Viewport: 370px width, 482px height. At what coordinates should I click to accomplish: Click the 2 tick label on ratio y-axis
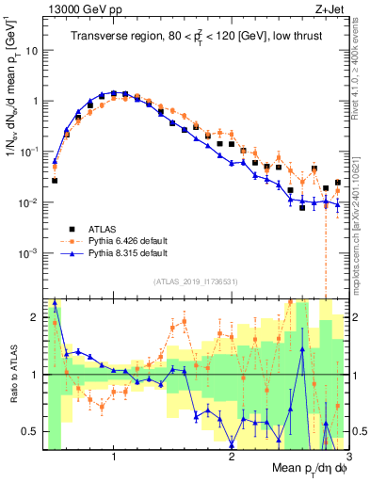click(x=34, y=317)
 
